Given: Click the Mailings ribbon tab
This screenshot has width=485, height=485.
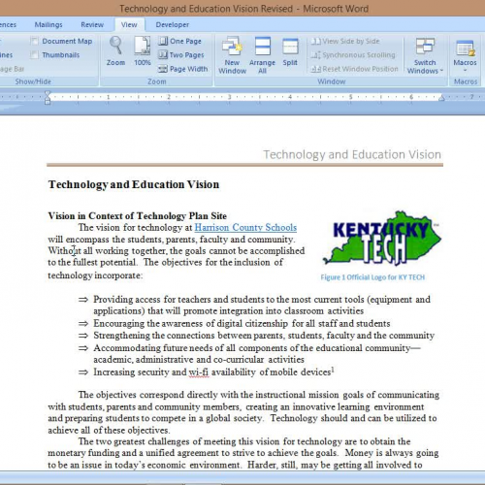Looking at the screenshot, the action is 48,23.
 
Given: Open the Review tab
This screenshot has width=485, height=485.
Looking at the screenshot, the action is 92,23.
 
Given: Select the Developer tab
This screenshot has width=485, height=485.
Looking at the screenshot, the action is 173,23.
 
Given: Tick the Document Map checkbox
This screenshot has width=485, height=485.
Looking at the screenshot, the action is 35,42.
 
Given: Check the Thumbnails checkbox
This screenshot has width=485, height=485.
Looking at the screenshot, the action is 35,55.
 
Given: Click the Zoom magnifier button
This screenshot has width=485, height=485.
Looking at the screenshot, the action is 115,50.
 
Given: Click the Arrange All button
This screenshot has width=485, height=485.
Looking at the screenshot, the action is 262,54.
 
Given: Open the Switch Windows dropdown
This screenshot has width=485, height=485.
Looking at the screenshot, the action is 425,54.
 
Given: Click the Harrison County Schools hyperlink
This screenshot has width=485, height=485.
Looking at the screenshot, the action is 245,227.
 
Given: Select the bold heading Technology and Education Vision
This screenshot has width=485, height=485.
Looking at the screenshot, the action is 134,184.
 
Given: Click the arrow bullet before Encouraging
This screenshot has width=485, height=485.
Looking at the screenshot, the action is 83,324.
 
